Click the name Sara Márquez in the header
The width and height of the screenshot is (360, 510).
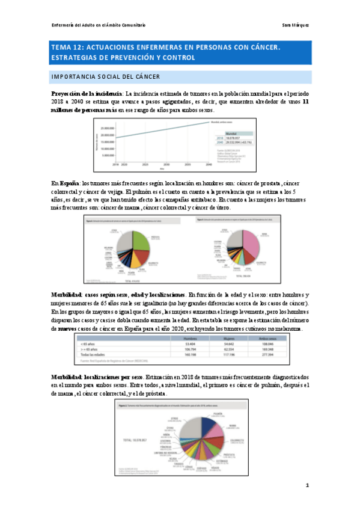pyautogui.click(x=296, y=25)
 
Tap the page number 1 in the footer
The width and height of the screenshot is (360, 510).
pyautogui.click(x=307, y=485)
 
